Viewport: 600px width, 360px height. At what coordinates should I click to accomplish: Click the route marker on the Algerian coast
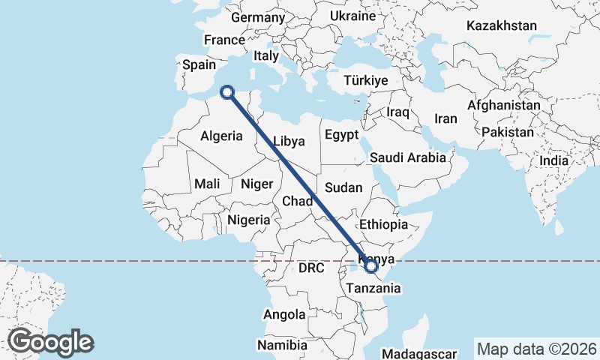tap(227, 92)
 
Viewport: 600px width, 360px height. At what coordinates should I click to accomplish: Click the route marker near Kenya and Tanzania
tap(370, 265)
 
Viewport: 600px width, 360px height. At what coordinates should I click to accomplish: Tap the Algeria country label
tap(221, 136)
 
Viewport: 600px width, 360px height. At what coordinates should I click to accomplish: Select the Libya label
tap(289, 141)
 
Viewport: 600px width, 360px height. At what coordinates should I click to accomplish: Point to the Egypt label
tap(343, 135)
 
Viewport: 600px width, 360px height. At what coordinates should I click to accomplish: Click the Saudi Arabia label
tap(407, 158)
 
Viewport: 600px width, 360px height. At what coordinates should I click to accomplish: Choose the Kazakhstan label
tap(501, 26)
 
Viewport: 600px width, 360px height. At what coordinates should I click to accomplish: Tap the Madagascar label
tap(419, 353)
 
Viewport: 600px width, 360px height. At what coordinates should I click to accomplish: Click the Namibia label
tap(282, 346)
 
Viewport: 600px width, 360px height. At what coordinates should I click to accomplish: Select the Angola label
tap(284, 315)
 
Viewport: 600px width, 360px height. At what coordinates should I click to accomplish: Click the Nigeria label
tap(248, 220)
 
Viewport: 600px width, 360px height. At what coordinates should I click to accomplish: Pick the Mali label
tap(207, 184)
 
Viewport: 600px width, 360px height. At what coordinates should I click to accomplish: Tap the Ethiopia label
tap(383, 224)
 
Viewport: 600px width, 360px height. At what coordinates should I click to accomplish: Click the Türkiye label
tap(365, 80)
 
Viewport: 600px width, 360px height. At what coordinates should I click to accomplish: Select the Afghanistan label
tap(503, 106)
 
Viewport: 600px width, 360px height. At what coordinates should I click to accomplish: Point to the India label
tap(553, 160)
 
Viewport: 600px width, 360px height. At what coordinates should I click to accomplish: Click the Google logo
tap(50, 342)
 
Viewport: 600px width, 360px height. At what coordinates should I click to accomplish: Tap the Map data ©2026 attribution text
tap(536, 349)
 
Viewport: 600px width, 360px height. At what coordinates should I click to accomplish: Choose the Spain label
tap(199, 64)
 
